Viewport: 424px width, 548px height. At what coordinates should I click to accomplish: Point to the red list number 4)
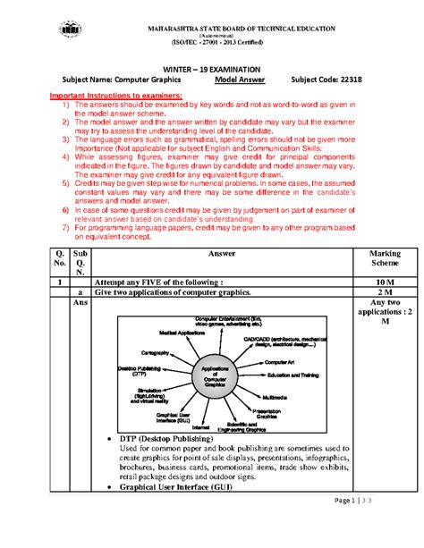pyautogui.click(x=54, y=156)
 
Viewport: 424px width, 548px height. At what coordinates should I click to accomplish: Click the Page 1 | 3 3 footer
pyautogui.click(x=367, y=526)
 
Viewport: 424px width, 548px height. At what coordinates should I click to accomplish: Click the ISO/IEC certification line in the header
pyautogui.click(x=211, y=40)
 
